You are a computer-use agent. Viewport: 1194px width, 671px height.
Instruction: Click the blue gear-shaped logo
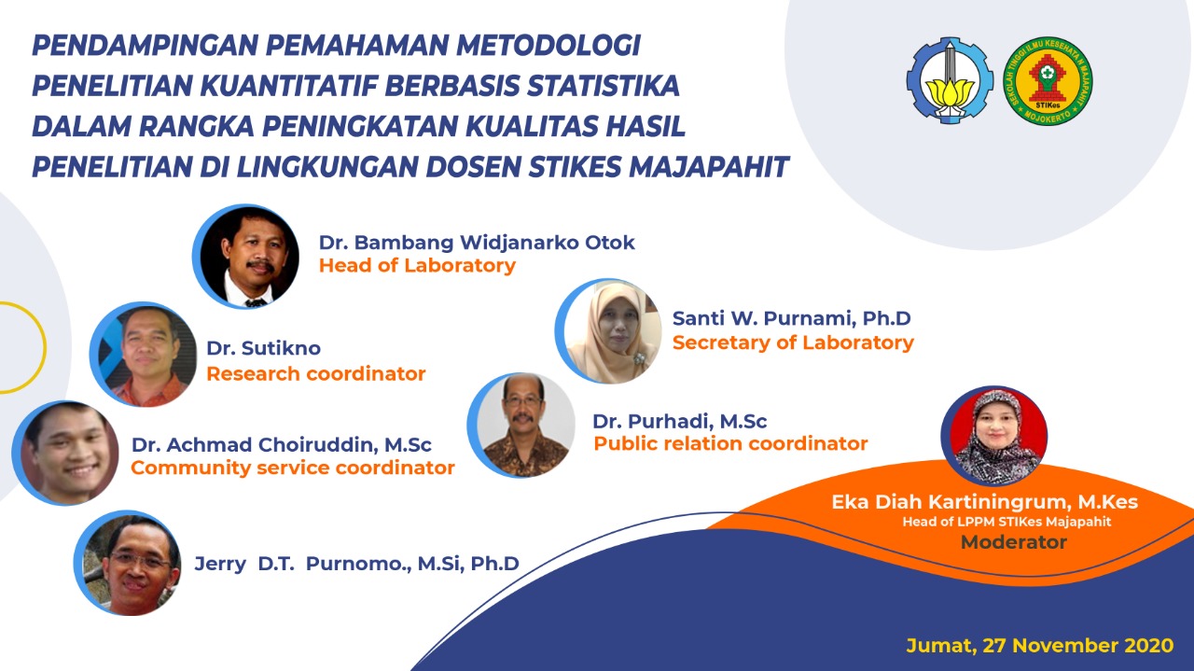950,80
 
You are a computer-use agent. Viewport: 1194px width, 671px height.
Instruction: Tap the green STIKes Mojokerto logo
1048,80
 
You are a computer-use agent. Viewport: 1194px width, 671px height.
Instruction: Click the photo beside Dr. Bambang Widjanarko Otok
245,256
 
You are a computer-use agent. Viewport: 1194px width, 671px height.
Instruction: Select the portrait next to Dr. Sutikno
143,355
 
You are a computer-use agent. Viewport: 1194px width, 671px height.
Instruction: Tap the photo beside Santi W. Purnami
608,330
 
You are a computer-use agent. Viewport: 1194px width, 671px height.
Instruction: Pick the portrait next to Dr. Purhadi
521,426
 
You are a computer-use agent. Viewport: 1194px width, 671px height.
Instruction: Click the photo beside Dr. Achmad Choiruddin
65,453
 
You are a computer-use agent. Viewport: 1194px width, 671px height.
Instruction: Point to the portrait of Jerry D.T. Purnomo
128,564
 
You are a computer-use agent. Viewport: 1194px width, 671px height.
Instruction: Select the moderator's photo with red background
994,437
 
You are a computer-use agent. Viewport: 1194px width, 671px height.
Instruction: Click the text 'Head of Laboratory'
417,266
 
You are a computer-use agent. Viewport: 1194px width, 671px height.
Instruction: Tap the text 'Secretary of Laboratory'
793,342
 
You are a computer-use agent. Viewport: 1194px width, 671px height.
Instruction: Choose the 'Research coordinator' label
315,373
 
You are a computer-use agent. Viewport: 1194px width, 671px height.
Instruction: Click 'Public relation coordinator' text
730,443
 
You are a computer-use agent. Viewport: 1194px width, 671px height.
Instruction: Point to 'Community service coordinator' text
293,468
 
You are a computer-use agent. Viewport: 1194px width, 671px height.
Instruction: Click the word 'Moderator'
1013,542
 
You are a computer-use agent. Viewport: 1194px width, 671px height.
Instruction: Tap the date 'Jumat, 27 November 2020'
1039,646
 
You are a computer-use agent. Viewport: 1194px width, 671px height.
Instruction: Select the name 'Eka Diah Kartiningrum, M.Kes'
984,502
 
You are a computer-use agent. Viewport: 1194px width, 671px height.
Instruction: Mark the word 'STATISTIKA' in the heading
604,86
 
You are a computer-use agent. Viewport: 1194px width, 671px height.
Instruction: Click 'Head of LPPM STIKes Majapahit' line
1007,522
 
